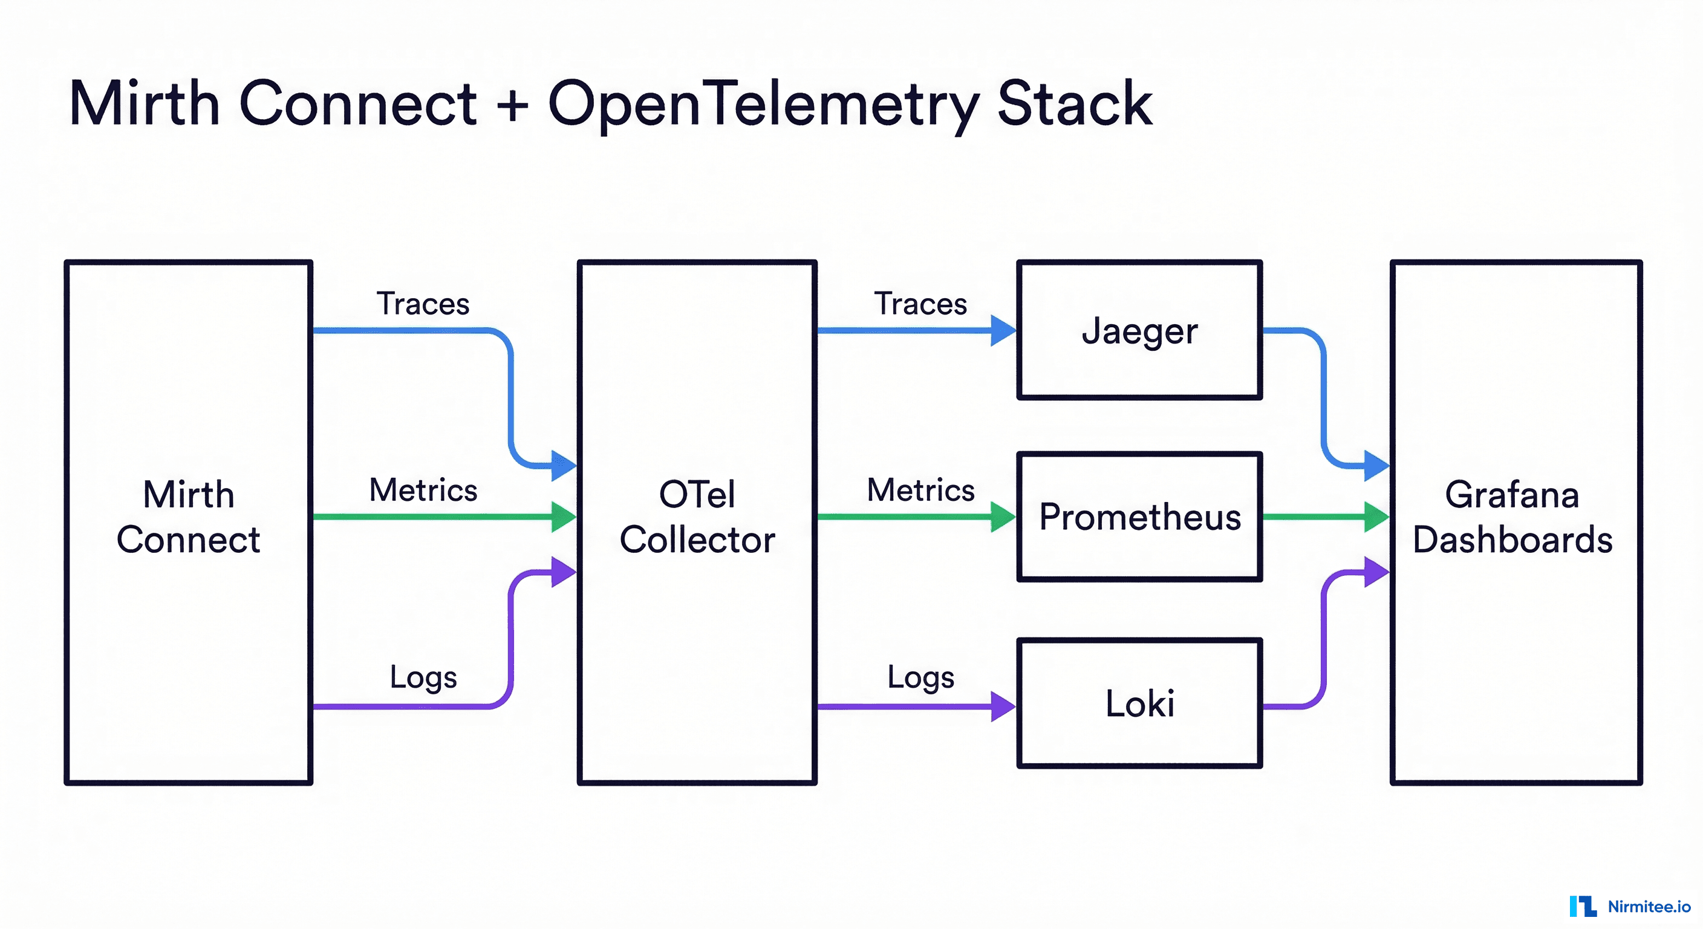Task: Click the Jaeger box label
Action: click(1139, 331)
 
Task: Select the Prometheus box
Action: click(1139, 517)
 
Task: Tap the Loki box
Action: click(1139, 703)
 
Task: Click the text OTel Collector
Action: click(697, 517)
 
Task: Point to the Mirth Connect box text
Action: click(189, 517)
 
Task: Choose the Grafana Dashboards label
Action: click(1512, 517)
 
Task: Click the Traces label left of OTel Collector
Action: click(423, 304)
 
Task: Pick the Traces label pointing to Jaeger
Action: click(920, 304)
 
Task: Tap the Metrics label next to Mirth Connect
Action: click(423, 491)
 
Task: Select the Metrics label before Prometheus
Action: click(920, 491)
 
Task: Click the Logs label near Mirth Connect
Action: click(423, 677)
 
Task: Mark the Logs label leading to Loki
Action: click(920, 677)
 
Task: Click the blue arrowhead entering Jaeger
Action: click(1003, 331)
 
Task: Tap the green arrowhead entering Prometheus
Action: click(1003, 517)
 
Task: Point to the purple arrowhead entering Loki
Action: click(1003, 706)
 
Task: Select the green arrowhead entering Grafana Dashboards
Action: click(1376, 517)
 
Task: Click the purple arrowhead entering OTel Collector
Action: click(562, 572)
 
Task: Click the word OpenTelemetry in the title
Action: click(764, 105)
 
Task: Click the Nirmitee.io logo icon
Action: click(1583, 906)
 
